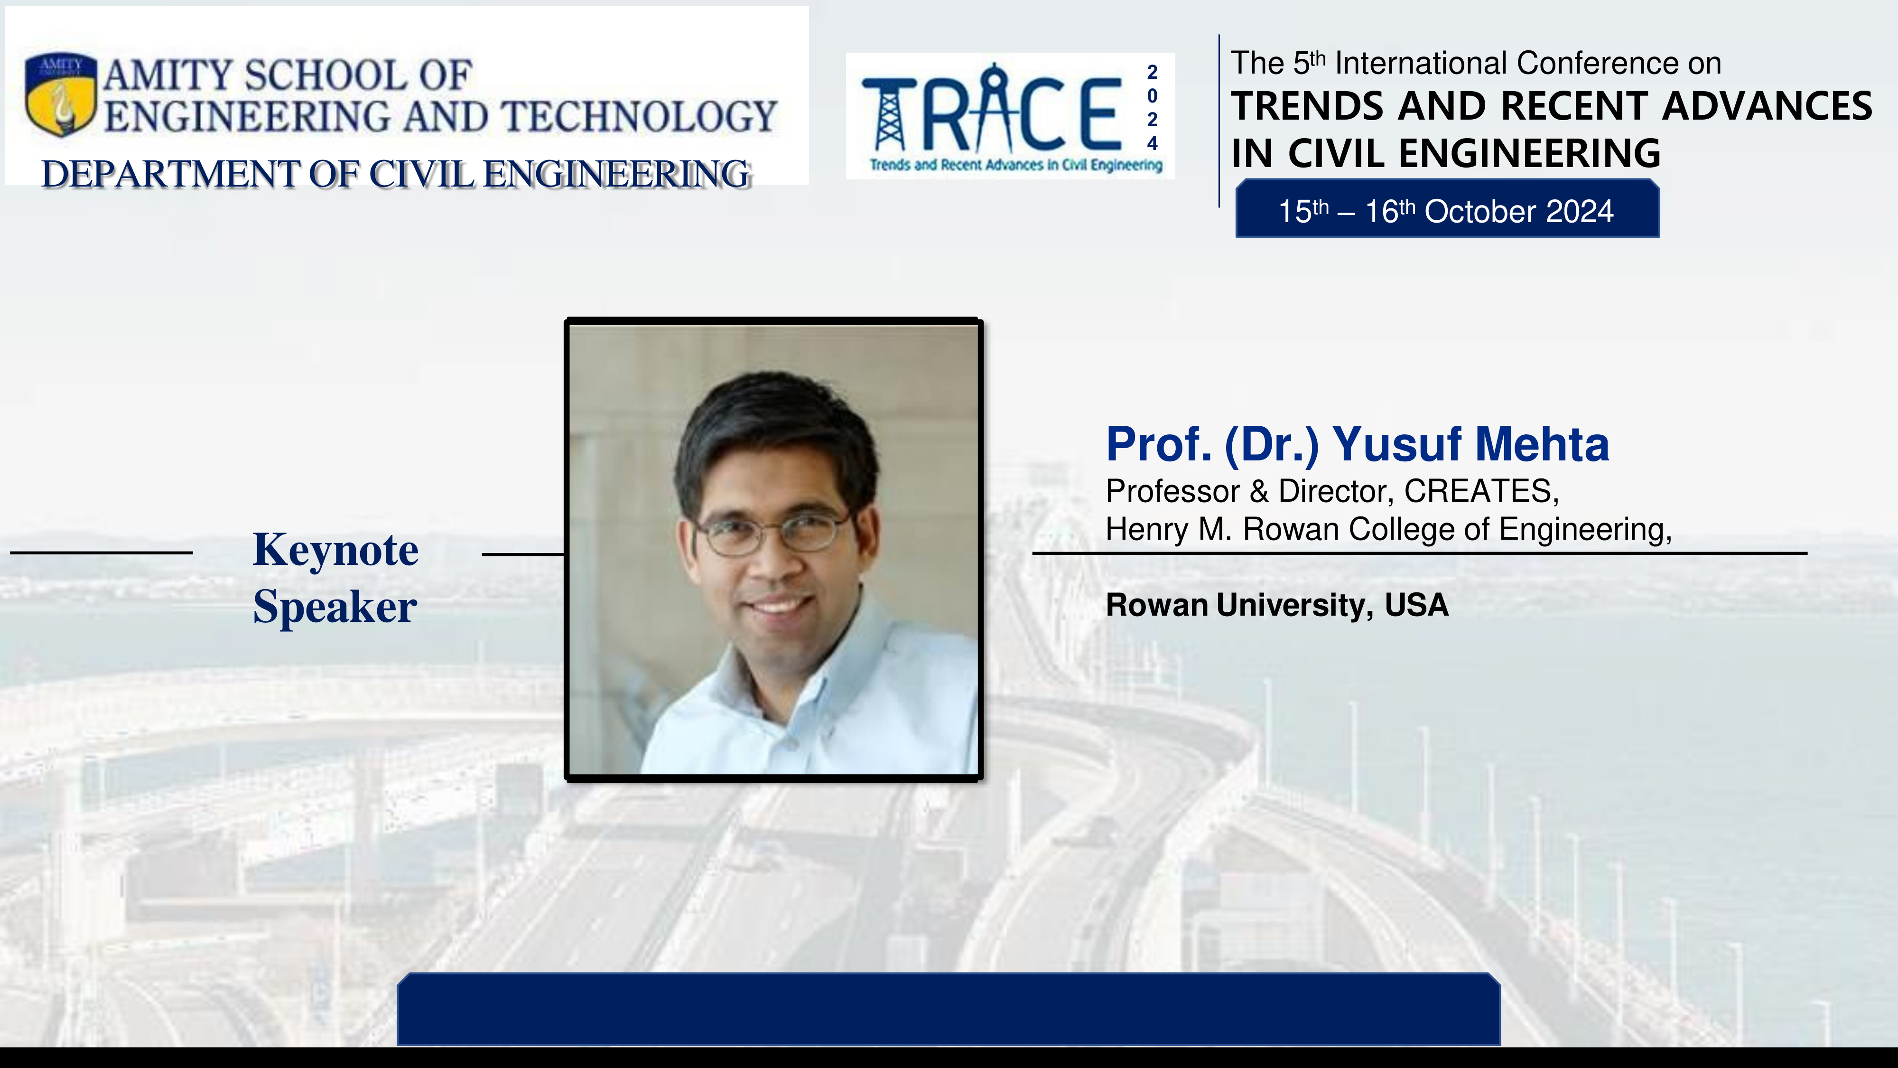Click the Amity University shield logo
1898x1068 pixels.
(60, 94)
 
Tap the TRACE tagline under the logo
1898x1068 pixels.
(1016, 165)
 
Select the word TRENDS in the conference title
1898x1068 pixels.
(1308, 105)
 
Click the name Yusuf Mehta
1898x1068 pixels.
(1470, 444)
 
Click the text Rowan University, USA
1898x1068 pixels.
(1277, 605)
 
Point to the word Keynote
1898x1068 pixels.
(336, 550)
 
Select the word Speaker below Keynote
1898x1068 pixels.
(335, 608)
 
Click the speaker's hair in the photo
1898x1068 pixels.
(773, 428)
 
